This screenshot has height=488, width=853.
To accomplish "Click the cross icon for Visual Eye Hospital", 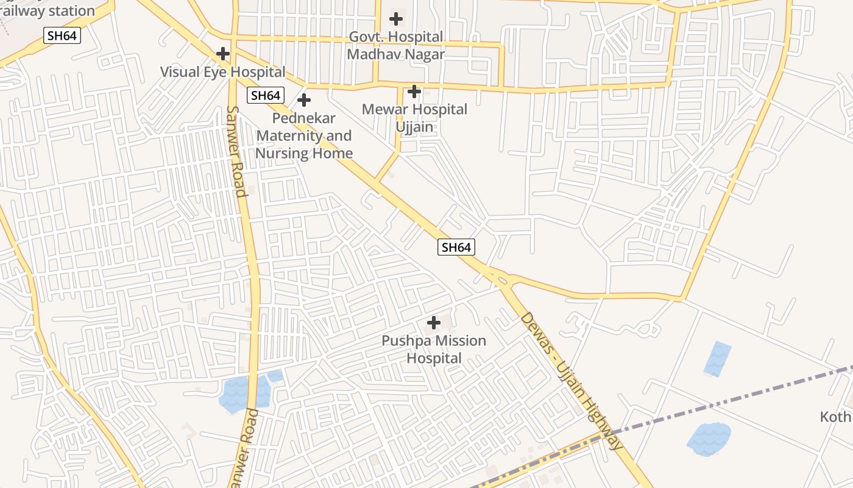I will (x=223, y=54).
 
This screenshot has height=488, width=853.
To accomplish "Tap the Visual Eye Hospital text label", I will (x=222, y=72).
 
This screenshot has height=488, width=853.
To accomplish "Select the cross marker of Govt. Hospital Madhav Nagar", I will (x=396, y=19).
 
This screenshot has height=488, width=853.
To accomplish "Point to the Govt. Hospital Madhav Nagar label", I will (x=395, y=46).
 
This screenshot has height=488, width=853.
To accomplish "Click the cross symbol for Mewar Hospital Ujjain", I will (x=414, y=92).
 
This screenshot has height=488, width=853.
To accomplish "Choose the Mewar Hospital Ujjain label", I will (x=414, y=118).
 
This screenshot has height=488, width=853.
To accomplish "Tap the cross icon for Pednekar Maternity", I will (x=303, y=100).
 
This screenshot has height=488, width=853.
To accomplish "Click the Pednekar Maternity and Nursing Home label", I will (x=303, y=135).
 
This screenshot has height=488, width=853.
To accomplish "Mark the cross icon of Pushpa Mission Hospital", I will (x=434, y=322).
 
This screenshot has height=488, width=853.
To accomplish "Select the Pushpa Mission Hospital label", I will (x=434, y=350).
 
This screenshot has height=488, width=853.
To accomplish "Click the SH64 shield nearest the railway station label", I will (x=62, y=36).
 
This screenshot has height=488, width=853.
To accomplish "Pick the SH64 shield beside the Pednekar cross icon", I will (x=266, y=95).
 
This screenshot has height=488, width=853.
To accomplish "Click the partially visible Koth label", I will (x=835, y=417).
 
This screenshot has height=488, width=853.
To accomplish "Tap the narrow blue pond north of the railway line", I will (x=717, y=359).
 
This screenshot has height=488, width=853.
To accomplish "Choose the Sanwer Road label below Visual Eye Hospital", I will (x=236, y=151).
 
